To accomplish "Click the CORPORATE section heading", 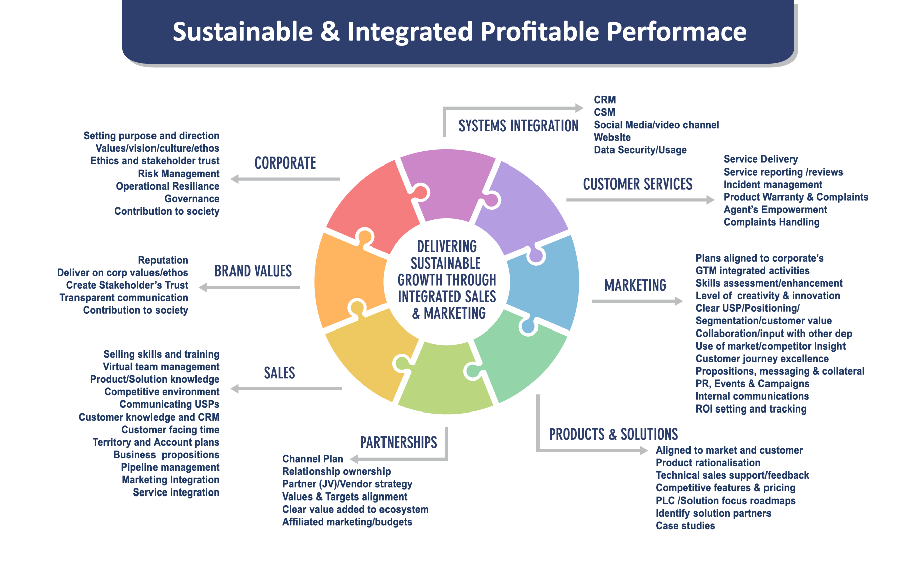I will coord(285,163).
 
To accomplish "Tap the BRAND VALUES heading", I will coord(253,271).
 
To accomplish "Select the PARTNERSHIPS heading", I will coord(399,442).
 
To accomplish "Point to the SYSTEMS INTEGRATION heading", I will coord(518,126).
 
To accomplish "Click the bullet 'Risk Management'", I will coord(179,174).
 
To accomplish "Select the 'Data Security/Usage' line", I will coord(640,150).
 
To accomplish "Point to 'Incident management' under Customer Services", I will coord(773,185).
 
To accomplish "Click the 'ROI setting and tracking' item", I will coord(750,409).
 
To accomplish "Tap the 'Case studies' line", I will coord(685,526).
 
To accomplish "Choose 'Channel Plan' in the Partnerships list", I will coord(313,459).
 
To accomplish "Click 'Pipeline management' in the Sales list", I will coord(170,467).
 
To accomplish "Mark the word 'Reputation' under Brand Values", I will coord(163,260).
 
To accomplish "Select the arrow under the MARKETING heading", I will coord(637,301).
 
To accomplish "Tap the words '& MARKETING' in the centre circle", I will coord(448,313).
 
